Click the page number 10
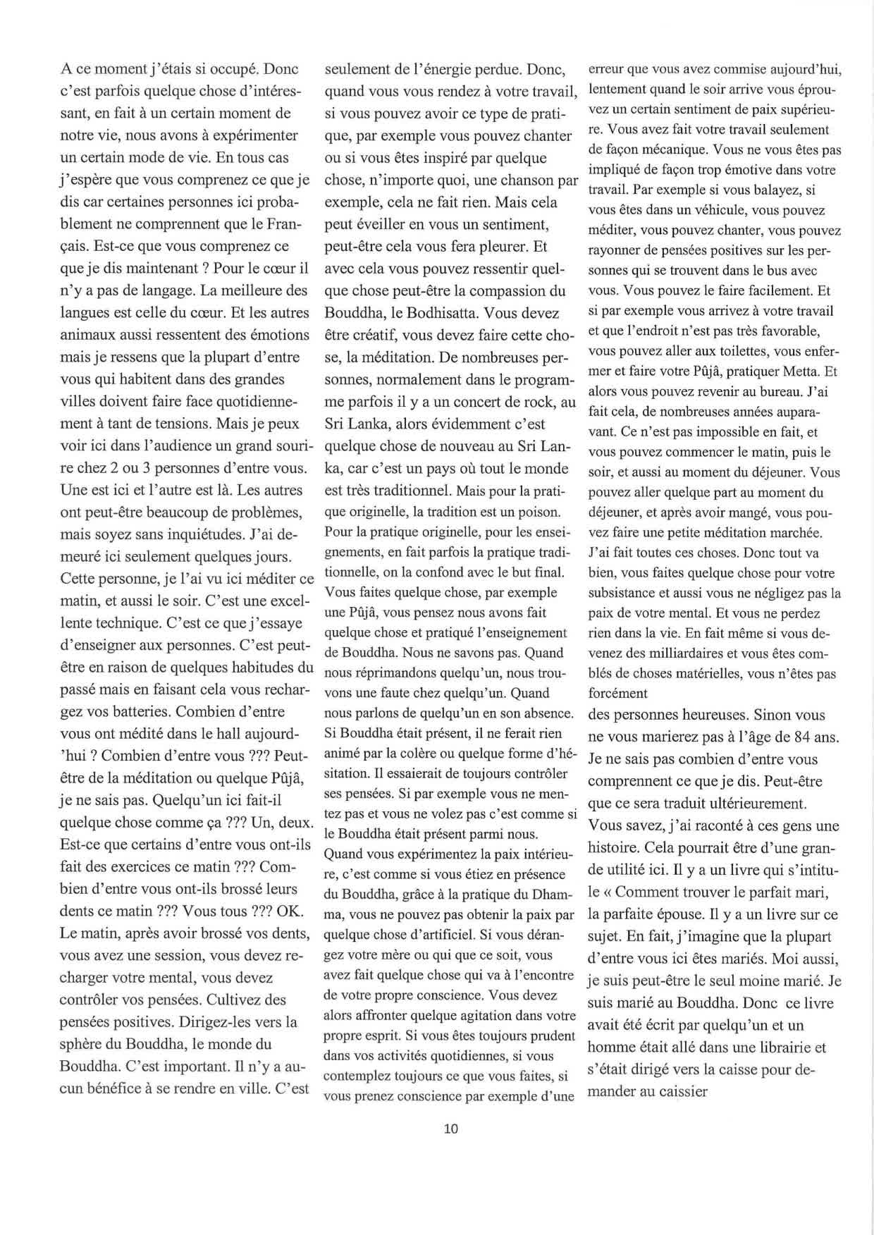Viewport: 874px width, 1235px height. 451,1129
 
